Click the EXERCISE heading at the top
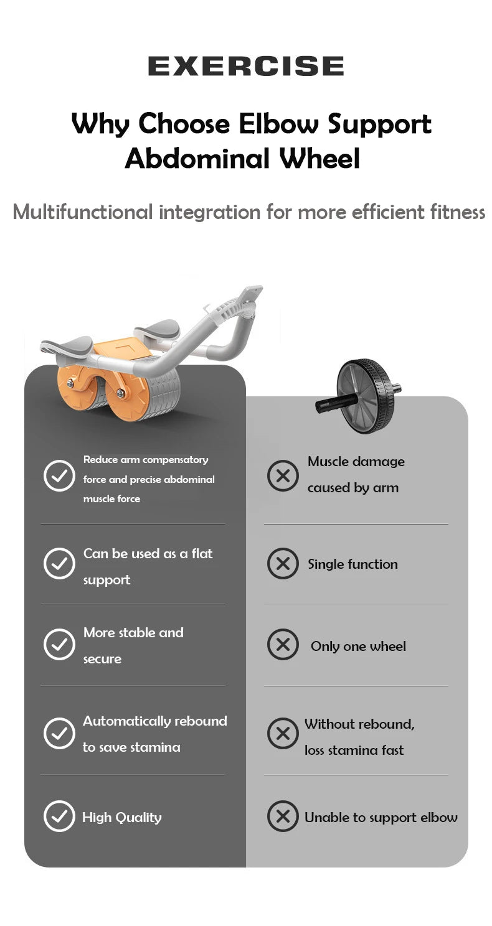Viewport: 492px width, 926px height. click(x=245, y=66)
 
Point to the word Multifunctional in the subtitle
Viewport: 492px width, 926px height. click(x=82, y=212)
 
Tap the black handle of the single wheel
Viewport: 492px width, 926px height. click(x=336, y=403)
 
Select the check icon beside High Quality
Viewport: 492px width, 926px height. click(x=59, y=816)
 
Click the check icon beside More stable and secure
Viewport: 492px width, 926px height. click(x=59, y=644)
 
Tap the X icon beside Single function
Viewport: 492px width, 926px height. click(x=283, y=564)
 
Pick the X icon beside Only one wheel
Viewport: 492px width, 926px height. click(x=283, y=645)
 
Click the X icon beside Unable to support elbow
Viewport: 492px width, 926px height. click(x=283, y=816)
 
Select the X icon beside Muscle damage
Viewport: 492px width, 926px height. click(x=283, y=476)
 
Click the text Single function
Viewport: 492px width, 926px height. click(x=352, y=564)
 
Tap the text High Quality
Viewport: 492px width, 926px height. click(x=122, y=818)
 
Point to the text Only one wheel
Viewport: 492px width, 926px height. click(x=358, y=647)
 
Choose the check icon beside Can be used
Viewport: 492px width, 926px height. click(x=59, y=564)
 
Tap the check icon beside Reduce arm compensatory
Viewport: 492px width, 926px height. click(x=59, y=476)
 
